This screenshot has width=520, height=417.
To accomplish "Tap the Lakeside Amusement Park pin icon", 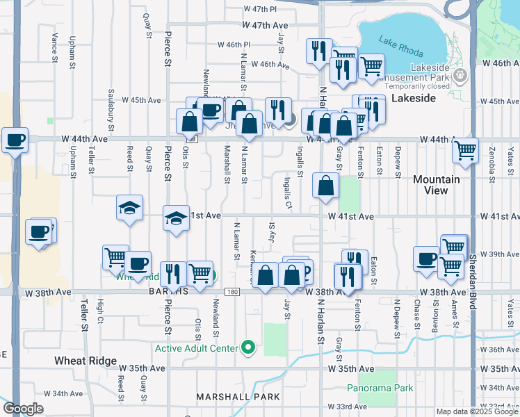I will [x=458, y=75].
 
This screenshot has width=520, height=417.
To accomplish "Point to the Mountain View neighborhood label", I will [x=437, y=184].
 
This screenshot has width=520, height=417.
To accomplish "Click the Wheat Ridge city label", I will [x=83, y=361].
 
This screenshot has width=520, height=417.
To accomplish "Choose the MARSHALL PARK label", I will [x=238, y=397].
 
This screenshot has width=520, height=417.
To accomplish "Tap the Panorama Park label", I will [x=380, y=388].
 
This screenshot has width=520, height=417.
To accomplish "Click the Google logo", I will [x=24, y=409].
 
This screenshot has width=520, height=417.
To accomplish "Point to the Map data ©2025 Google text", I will [x=476, y=411].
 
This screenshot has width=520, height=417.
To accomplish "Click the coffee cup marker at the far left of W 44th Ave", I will [x=15, y=140].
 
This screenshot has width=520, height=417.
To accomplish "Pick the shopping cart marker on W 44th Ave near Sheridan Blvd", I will [x=465, y=149].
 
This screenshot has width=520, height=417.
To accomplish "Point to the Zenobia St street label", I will [x=491, y=164].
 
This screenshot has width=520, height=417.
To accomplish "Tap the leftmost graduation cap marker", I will [x=129, y=208].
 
